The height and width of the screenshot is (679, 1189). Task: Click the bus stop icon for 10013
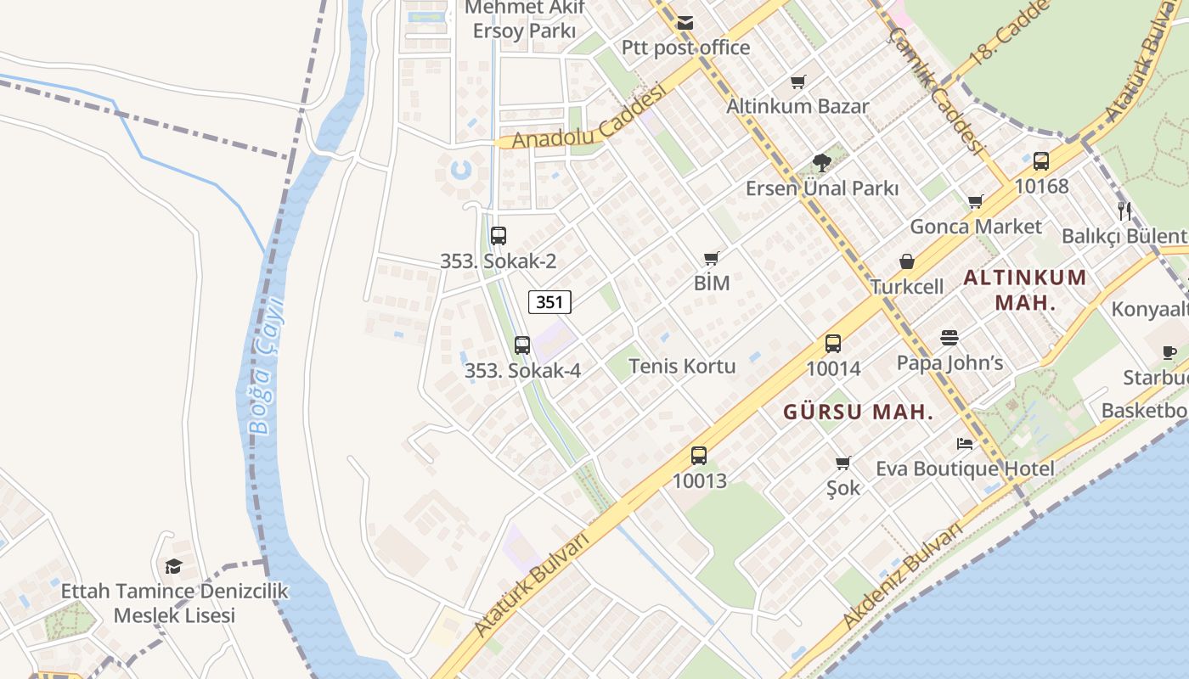(699, 456)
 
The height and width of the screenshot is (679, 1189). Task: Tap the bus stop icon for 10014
(833, 344)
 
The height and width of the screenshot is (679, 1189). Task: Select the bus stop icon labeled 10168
(1041, 161)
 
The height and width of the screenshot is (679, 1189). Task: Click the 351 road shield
(549, 301)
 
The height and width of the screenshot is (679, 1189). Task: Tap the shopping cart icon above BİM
(712, 258)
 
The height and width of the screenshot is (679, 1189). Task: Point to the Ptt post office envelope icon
(685, 23)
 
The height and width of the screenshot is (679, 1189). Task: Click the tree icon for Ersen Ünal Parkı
(821, 162)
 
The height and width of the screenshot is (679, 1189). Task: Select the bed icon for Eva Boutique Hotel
(965, 444)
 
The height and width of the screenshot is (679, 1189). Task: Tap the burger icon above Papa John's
(950, 338)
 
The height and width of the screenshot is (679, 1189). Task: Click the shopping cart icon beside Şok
(842, 463)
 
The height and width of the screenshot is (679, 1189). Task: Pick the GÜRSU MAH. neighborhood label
(858, 412)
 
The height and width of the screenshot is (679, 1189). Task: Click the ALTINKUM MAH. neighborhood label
(1025, 289)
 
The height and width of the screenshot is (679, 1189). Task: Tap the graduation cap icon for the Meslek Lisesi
(173, 566)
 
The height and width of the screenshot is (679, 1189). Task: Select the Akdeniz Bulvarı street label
(902, 578)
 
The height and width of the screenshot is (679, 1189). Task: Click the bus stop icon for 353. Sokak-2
(499, 236)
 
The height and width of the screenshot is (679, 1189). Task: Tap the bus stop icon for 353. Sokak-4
(522, 345)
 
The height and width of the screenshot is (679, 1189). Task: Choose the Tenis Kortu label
(682, 366)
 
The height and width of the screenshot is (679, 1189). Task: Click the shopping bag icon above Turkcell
(907, 261)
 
